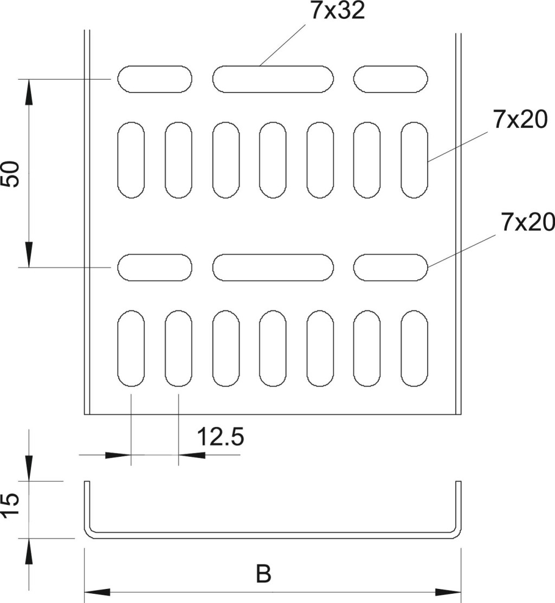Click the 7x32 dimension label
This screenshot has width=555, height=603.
(337, 11)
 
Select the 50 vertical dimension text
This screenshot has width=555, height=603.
(12, 174)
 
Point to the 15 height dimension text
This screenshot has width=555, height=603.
(12, 507)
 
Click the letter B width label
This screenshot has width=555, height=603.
(263, 574)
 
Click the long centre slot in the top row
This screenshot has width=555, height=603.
(273, 79)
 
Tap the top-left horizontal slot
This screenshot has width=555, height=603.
(155, 79)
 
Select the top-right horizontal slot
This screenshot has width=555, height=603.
(391, 79)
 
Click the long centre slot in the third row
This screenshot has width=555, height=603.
(273, 267)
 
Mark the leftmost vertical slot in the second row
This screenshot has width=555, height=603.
(131, 160)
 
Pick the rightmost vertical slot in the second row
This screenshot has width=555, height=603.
(415, 160)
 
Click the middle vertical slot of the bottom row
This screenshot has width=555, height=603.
(273, 348)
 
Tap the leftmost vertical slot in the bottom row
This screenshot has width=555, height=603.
(131, 348)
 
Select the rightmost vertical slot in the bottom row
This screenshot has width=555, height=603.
(415, 348)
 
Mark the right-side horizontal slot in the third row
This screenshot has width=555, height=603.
(391, 267)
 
